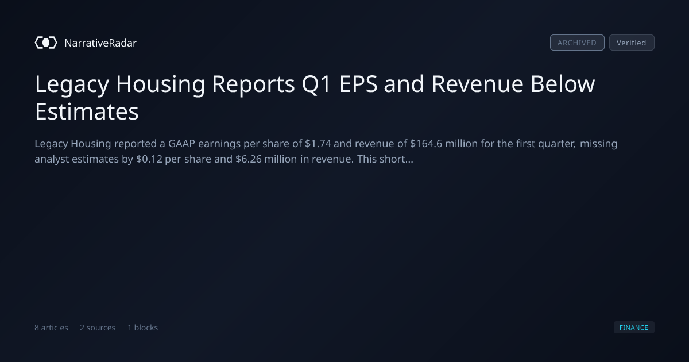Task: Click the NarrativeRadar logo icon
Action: [46, 43]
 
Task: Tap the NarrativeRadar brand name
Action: [100, 43]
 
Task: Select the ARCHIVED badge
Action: [577, 43]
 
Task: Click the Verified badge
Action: [632, 43]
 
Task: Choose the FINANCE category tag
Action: [634, 327]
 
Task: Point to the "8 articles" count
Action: [51, 328]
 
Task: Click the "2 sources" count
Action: [98, 328]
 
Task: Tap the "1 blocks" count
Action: [143, 328]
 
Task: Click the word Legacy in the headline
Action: [72, 84]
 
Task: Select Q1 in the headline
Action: [316, 84]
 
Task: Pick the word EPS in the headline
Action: [358, 84]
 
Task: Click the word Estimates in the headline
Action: [87, 111]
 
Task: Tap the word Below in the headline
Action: [563, 84]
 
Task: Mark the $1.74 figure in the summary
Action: [318, 144]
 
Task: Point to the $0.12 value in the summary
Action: [149, 159]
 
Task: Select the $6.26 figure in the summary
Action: [248, 159]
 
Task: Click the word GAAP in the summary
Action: [181, 144]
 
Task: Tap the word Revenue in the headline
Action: [477, 84]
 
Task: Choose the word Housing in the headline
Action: [160, 84]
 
